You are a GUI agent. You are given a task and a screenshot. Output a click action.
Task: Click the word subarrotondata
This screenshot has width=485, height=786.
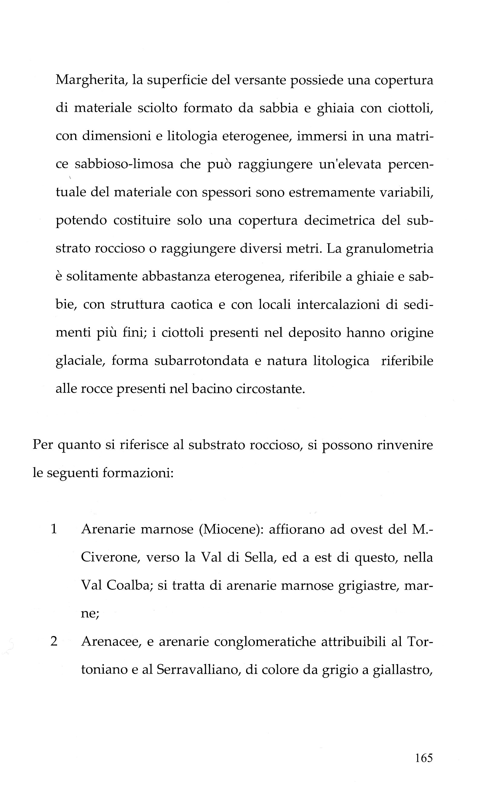tap(201, 361)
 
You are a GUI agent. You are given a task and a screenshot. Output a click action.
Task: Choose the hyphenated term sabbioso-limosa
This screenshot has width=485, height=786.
tap(124, 164)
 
